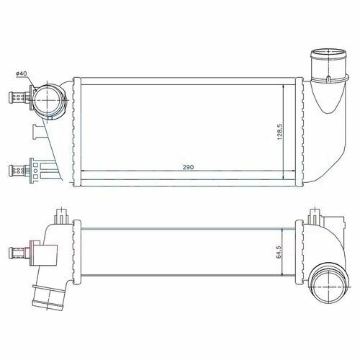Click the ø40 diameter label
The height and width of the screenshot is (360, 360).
coord(21,73)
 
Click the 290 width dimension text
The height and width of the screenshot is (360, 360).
coord(188,167)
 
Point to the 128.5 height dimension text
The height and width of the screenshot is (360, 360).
coord(280,132)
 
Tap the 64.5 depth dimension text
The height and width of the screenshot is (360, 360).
coord(279,252)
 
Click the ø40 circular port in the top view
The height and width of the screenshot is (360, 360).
coord(48,100)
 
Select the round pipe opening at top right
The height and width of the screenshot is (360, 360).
coord(328,53)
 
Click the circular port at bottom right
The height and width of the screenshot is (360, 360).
coord(328,287)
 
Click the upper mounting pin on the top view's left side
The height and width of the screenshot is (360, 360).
coord(19,97)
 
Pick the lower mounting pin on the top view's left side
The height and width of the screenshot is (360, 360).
coord(19,170)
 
